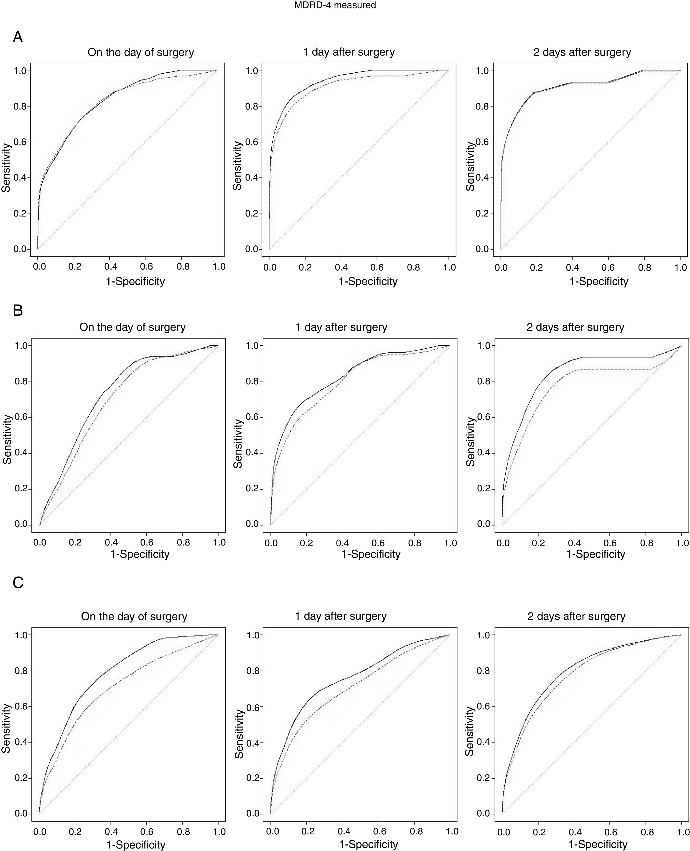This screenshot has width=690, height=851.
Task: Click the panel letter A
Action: pyautogui.click(x=18, y=37)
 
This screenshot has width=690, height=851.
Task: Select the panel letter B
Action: pyautogui.click(x=18, y=311)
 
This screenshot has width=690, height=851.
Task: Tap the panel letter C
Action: pyautogui.click(x=18, y=583)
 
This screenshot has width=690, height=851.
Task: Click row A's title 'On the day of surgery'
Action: pyautogui.click(x=141, y=52)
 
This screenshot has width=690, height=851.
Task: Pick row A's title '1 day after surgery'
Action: pyautogui.click(x=349, y=52)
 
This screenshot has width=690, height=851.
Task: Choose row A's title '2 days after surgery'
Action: pyautogui.click(x=582, y=52)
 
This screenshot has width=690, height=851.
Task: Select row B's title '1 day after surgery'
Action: pyautogui.click(x=341, y=327)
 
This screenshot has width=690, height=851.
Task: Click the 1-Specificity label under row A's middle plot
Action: pyautogui.click(x=368, y=281)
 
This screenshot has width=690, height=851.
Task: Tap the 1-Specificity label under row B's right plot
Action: pyautogui.click(x=596, y=554)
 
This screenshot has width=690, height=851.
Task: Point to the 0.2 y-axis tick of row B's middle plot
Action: pyautogui.click(x=253, y=489)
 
